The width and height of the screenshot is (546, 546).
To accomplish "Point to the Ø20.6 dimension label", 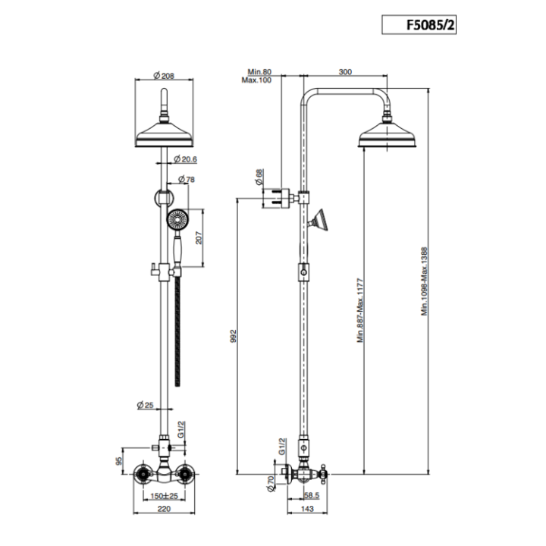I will pos(186,159).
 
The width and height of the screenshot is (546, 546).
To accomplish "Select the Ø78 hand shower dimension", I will pos(188,180).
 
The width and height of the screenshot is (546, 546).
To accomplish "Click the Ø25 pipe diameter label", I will pos(146,406).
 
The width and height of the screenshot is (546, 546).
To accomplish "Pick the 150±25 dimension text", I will pos(164,495).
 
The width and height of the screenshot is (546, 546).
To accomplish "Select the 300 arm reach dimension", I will pos(345,72).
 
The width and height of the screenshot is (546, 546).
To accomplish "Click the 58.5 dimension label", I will pos(310,495).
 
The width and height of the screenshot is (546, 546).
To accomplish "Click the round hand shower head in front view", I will pos(176,221).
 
